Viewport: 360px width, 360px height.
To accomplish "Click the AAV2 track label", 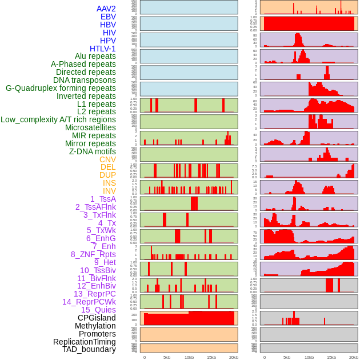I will point(106,9).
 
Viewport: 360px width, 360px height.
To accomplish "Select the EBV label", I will point(108,17).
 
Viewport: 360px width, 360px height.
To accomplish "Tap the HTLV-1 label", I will point(102,49).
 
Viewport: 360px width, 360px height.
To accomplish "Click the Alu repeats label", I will point(95,56).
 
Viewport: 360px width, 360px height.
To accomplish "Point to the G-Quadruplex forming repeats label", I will point(61,88).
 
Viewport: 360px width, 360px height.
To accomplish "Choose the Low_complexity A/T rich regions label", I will point(58,119).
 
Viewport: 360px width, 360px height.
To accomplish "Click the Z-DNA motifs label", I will point(92,151).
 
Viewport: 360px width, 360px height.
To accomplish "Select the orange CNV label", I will point(107,159).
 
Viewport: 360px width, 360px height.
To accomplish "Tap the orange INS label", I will point(109,183).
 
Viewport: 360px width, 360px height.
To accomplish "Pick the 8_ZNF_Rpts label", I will point(93,254).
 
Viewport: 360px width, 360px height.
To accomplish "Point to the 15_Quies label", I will point(98,310).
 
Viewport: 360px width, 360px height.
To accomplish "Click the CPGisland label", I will point(97,318).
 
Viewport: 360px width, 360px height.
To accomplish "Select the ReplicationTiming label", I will point(84,342).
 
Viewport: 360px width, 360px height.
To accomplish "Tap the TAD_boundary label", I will point(89,349).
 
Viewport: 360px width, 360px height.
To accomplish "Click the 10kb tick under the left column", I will point(189,357).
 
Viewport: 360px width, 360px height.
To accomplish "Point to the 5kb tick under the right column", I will point(286,357).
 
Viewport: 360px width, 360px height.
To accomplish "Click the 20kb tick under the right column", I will point(354,357).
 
